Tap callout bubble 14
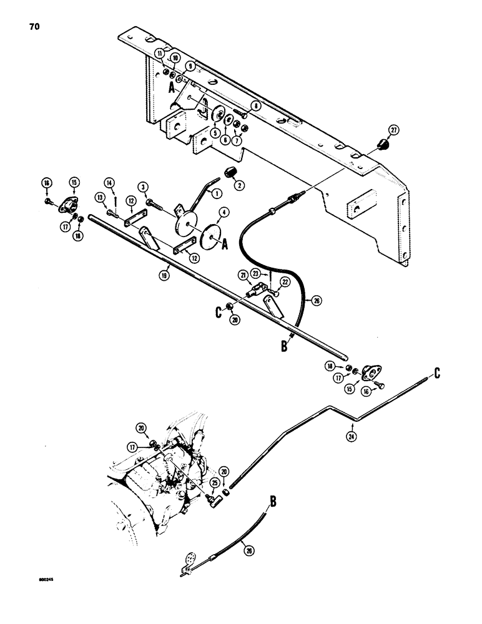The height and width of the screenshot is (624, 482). tap(111, 182)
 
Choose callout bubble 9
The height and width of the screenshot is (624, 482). tap(190, 65)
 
